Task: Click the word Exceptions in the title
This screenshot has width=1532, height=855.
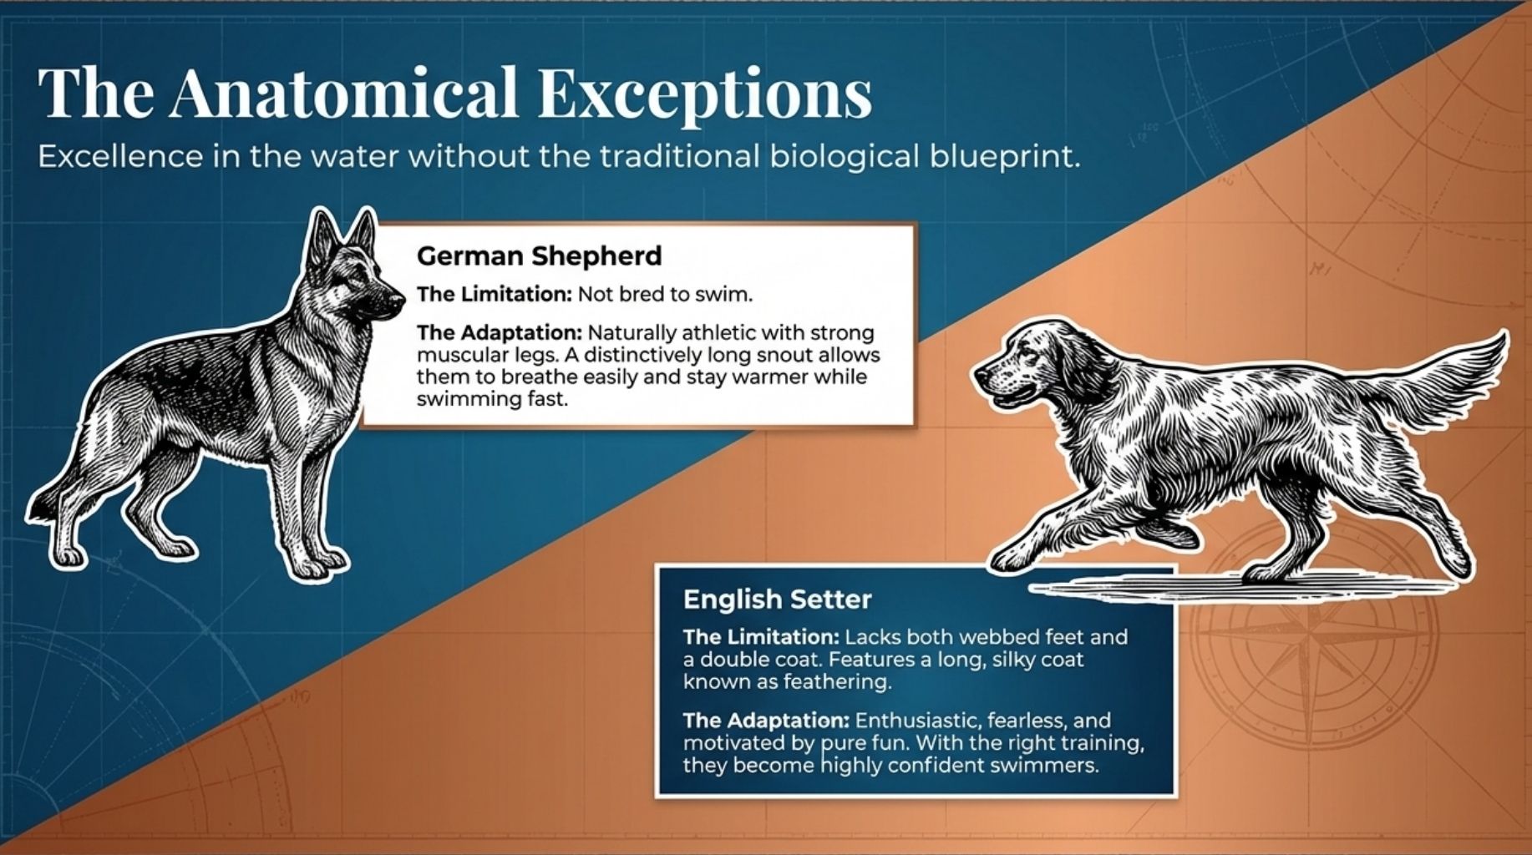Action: pos(704,94)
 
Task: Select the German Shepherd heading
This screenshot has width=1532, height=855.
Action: pos(539,255)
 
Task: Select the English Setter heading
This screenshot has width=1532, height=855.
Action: pos(777,599)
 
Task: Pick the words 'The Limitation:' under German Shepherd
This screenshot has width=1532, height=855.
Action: pos(494,294)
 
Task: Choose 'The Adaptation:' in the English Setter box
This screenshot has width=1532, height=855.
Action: pos(765,720)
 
